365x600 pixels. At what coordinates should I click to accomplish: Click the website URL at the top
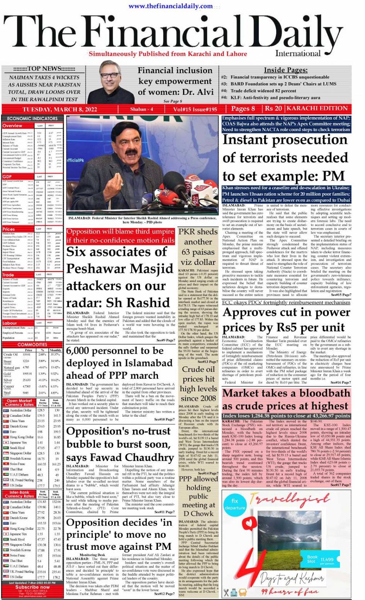point(170,6)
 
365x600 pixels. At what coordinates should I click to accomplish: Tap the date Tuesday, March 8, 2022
point(59,109)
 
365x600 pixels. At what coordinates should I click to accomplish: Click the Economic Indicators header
point(32,119)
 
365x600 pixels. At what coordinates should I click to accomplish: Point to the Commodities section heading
point(32,344)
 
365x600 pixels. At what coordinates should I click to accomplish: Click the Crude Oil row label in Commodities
point(11,354)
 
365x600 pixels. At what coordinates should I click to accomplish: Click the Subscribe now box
point(32,587)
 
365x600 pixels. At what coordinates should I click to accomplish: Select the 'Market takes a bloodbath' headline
point(287,400)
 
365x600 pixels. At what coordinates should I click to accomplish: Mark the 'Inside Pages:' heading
point(285,70)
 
